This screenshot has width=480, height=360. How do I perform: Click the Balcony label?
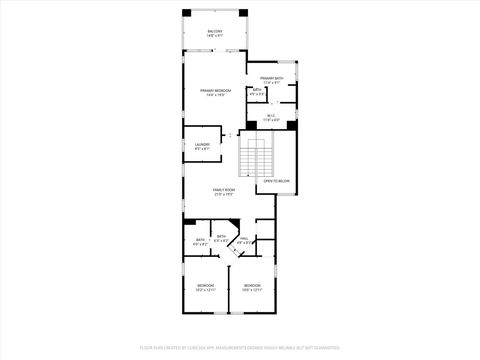click(215, 32)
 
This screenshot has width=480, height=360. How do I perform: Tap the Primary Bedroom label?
click(216, 91)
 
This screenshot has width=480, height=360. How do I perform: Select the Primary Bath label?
click(272, 78)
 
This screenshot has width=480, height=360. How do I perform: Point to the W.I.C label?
click(271, 115)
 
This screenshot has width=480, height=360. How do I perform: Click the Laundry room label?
click(202, 144)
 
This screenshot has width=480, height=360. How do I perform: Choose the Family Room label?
click(224, 189)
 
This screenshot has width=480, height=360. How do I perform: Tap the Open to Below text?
click(277, 181)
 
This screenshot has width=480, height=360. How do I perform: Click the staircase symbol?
click(255, 158)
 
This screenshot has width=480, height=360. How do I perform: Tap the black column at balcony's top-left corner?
click(186, 11)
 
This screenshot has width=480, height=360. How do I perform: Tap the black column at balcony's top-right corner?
click(243, 11)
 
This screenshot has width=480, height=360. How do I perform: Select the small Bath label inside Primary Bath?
click(257, 90)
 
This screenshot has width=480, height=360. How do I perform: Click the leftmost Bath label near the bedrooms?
click(200, 239)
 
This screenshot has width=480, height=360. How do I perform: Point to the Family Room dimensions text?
click(224, 194)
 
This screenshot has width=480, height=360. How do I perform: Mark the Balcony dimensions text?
click(215, 37)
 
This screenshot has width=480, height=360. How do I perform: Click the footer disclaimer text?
click(240, 347)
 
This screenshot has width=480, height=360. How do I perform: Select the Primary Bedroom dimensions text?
click(216, 96)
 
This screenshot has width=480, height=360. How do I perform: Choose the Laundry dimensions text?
click(202, 149)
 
